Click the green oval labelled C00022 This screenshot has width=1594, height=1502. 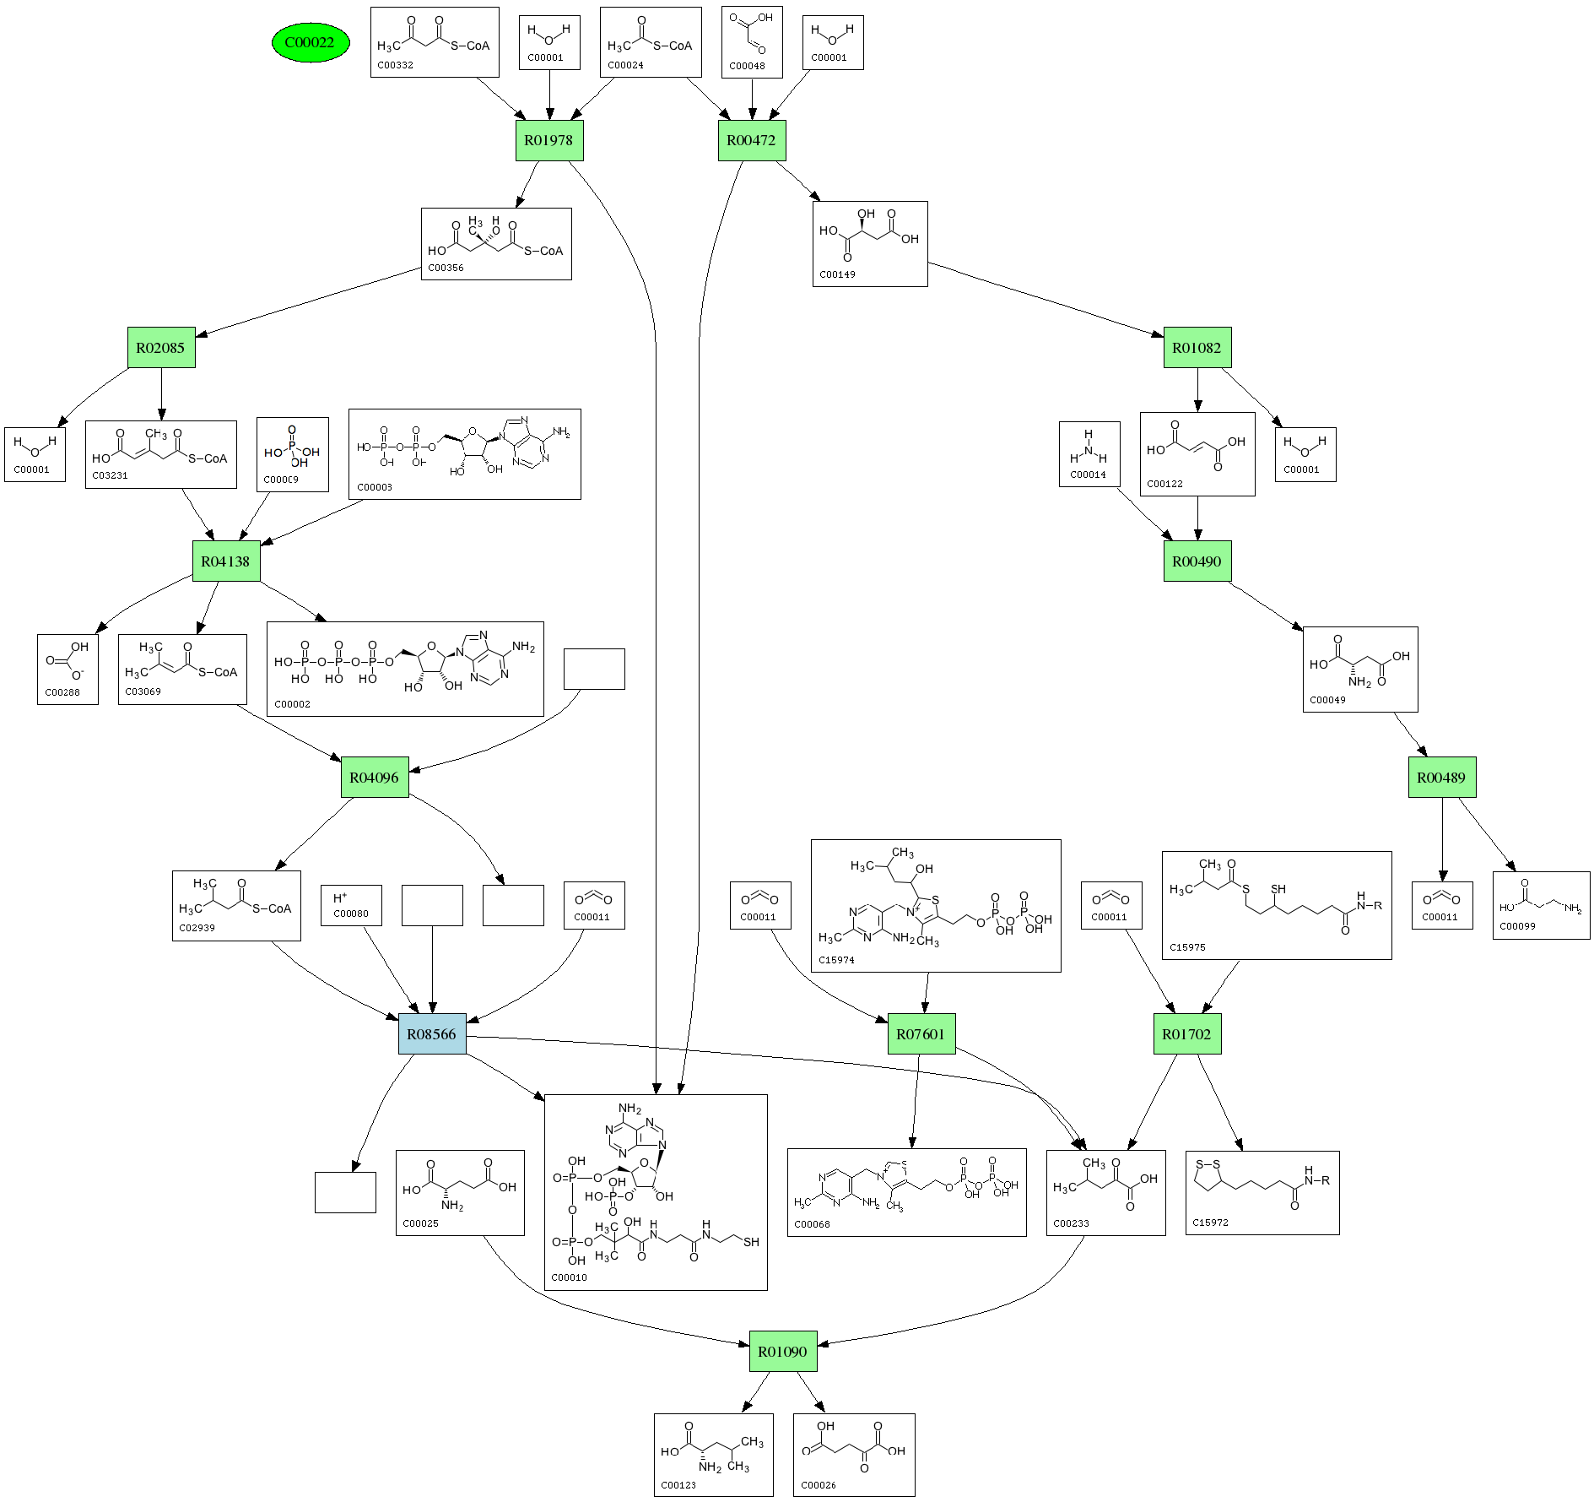point(311,42)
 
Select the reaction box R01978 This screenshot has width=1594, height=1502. point(548,140)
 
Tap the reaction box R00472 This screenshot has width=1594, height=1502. point(751,140)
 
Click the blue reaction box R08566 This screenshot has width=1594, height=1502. point(431,1034)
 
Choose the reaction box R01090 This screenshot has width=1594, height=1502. point(782,1352)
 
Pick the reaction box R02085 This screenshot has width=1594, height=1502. point(160,348)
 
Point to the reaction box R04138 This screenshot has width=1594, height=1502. point(225,561)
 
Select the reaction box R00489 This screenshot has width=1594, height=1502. point(1441,778)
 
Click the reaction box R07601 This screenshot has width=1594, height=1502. point(921,1034)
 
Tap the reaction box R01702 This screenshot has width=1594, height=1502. point(1186,1034)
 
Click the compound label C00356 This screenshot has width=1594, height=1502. point(446,268)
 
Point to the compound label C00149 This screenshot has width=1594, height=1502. point(837,274)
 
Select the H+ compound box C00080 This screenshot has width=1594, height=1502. point(351,906)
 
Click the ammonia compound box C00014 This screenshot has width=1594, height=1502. point(1089,454)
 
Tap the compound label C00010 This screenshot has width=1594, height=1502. point(569,1277)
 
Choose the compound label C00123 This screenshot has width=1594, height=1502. point(678,1485)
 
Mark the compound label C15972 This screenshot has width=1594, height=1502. point(1210,1223)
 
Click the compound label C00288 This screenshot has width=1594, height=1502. point(62,692)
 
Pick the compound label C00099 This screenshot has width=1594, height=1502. point(1517,926)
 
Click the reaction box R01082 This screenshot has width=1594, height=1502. point(1197,348)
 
